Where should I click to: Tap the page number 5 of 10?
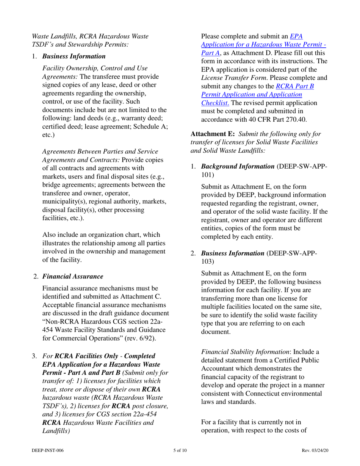tap(180, 450)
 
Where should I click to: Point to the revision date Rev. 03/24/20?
tap(315, 450)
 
